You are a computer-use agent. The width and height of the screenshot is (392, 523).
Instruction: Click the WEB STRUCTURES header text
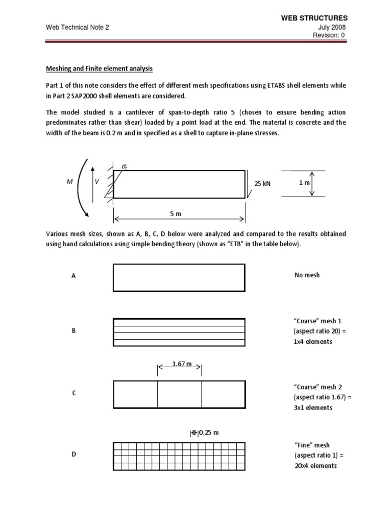click(318, 18)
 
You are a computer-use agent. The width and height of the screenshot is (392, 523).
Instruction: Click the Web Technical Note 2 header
click(78, 28)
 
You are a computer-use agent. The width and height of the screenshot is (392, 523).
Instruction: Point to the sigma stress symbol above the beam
click(124, 167)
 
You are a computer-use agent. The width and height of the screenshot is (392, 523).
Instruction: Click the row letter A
click(73, 276)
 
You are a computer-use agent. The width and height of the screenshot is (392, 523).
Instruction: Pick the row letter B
click(73, 331)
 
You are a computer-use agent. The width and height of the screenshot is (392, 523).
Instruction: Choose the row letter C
click(73, 393)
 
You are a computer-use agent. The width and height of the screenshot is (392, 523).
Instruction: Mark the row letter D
click(73, 455)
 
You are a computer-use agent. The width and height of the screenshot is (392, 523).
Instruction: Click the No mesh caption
click(307, 275)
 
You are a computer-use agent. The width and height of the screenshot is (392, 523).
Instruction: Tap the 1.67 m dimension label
click(181, 364)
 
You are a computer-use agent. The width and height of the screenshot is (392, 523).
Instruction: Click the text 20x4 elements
click(315, 466)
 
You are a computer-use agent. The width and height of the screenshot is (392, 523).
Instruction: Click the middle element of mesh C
click(179, 394)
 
